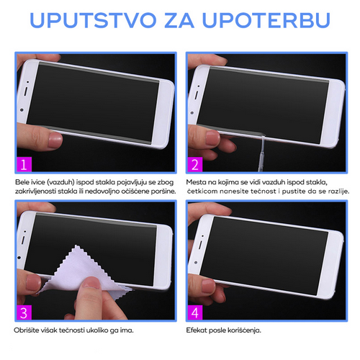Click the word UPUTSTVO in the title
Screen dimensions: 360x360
point(93,19)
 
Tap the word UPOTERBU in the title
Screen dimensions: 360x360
point(266,19)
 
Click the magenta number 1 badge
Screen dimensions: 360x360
point(24,164)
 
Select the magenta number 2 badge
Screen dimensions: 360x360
point(195,164)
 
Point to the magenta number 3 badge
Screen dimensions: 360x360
point(24,312)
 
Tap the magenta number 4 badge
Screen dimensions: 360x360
point(195,312)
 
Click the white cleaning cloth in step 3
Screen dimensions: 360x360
point(81,272)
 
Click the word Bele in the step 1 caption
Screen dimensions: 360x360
point(22,182)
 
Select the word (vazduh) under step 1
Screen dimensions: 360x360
point(60,182)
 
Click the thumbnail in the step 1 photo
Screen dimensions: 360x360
point(55,140)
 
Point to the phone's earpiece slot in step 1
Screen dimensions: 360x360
point(26,91)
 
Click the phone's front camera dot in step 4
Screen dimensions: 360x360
point(196,263)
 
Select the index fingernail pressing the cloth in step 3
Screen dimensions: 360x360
point(91,282)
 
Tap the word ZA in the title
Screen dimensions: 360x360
point(179,19)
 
